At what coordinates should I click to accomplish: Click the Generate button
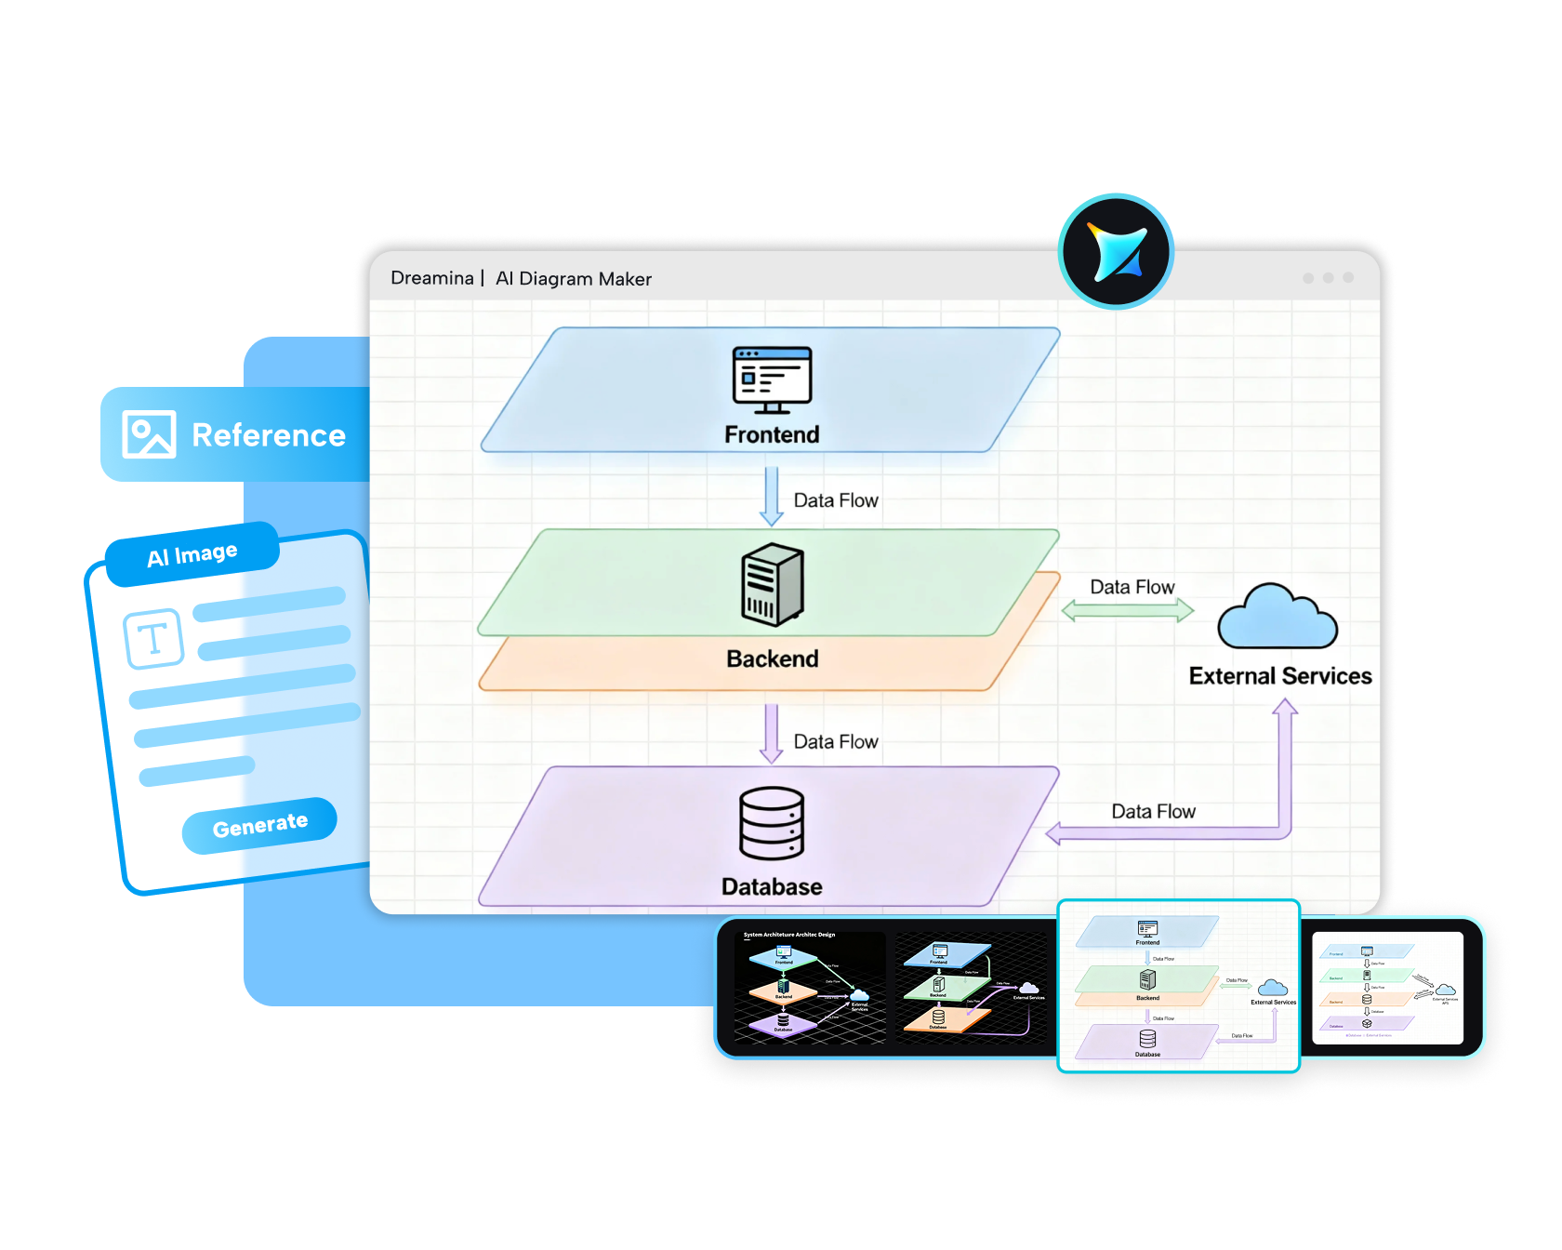(259, 825)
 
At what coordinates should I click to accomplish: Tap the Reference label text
(269, 435)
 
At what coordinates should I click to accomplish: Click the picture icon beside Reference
(149, 434)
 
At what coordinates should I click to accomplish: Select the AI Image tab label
(192, 554)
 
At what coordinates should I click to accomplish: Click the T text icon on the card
(153, 639)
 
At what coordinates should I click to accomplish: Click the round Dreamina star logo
(1116, 251)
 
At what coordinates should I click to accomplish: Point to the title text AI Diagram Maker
(573, 279)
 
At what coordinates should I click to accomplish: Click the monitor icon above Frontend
(772, 379)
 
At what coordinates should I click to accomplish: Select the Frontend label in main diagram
(772, 434)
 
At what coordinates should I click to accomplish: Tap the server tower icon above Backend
(772, 584)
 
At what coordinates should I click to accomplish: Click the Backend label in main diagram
(772, 658)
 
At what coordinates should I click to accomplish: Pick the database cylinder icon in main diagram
(772, 823)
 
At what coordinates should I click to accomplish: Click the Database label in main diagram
(772, 886)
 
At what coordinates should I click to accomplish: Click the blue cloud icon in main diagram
(1277, 618)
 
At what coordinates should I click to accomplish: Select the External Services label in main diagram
(1280, 676)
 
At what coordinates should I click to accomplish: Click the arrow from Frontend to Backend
(772, 496)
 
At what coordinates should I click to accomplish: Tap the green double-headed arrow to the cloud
(1128, 611)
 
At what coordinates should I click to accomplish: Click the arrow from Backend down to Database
(772, 734)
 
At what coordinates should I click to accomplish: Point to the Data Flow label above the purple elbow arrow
(1153, 811)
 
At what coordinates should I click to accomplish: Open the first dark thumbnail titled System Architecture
(809, 988)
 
